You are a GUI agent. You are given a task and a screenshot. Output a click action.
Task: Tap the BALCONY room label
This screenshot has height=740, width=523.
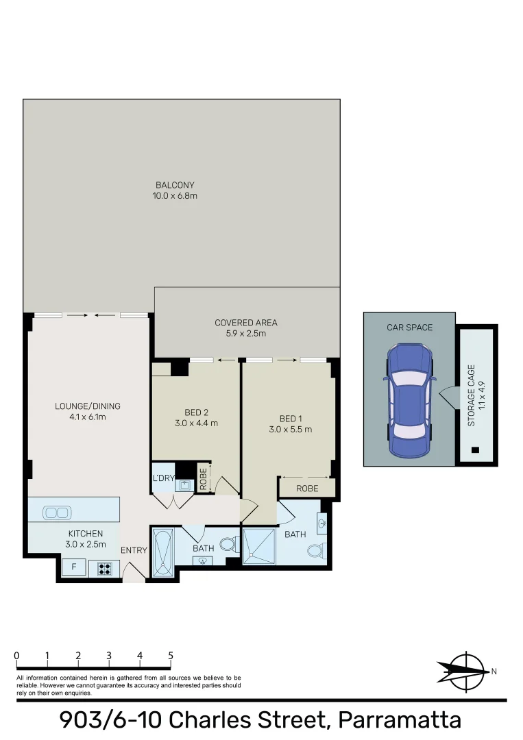(175, 185)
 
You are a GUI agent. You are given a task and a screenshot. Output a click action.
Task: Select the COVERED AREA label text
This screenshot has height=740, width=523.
(245, 323)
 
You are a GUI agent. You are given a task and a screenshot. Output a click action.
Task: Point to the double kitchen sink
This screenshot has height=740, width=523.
(56, 513)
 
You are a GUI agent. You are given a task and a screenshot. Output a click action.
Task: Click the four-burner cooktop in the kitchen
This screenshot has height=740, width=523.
(104, 567)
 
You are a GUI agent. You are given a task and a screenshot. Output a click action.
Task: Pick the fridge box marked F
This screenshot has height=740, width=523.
(73, 567)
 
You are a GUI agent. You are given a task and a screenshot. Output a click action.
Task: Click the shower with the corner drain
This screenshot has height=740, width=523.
(260, 547)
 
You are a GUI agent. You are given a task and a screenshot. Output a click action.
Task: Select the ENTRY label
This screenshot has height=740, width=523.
(134, 550)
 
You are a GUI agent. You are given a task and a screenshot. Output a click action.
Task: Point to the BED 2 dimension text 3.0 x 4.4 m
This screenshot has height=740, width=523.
(197, 423)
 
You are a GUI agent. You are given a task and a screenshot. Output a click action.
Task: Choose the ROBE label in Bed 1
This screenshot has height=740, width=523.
(306, 489)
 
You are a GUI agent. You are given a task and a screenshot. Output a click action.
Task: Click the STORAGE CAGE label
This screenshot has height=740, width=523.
(472, 404)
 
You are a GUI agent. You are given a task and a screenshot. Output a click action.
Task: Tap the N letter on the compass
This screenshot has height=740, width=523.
(494, 671)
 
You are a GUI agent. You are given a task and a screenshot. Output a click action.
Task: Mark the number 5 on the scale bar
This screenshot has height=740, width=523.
(171, 656)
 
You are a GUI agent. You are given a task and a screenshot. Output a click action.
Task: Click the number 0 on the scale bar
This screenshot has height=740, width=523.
(16, 656)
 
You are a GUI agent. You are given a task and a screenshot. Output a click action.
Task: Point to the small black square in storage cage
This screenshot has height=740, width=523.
(476, 450)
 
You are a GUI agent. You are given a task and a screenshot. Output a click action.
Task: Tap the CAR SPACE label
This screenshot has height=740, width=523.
(409, 328)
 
